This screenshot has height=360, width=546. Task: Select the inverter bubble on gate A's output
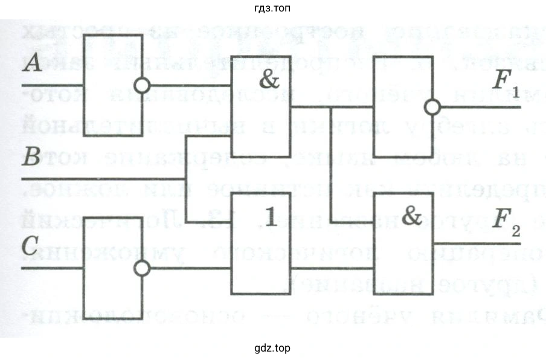click(142, 86)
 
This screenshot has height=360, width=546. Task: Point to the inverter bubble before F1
click(432, 108)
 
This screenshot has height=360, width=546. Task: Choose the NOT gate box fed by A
click(111, 86)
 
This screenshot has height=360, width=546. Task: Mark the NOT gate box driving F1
click(402, 108)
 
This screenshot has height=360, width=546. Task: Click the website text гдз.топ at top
click(272, 8)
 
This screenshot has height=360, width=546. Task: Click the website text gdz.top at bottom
click(272, 349)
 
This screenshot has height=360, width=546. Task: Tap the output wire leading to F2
click(477, 245)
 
